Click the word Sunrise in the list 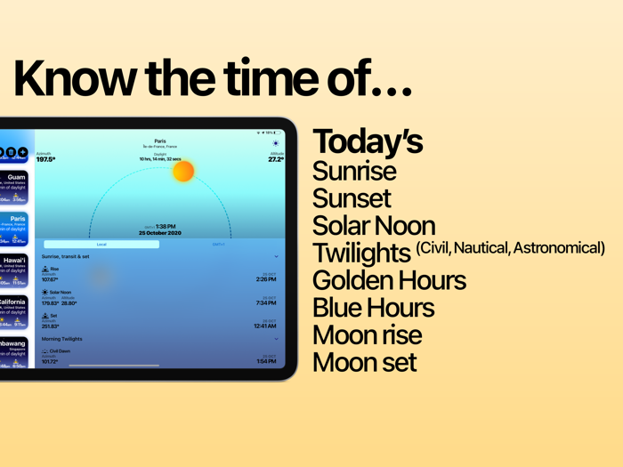tap(354, 171)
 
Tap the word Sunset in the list tap(352, 198)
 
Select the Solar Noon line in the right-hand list tap(374, 226)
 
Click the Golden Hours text tap(389, 281)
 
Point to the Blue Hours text tap(373, 309)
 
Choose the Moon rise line tap(367, 335)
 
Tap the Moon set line tap(364, 363)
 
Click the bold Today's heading tap(367, 142)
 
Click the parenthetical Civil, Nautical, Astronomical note tap(510, 247)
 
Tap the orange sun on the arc tap(183, 170)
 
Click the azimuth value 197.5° tap(45, 160)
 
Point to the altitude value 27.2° tap(276, 160)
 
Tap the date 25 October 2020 tap(160, 233)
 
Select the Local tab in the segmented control tap(101, 244)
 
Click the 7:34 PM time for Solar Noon tap(265, 303)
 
